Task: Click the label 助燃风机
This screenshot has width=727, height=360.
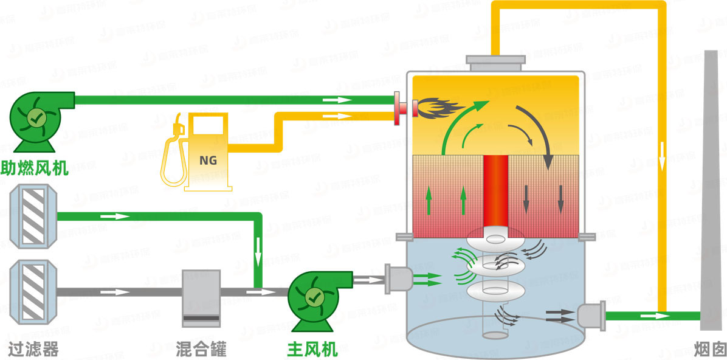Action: pyautogui.click(x=35, y=167)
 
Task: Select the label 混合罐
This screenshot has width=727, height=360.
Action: pyautogui.click(x=201, y=350)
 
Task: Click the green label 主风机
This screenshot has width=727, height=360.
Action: pyautogui.click(x=312, y=350)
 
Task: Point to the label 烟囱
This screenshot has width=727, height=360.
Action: pyautogui.click(x=709, y=350)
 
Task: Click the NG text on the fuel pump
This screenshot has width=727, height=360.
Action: pyautogui.click(x=208, y=160)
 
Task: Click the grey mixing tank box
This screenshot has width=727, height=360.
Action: pyautogui.click(x=201, y=298)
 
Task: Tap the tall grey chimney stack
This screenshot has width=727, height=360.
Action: pyautogui.click(x=711, y=195)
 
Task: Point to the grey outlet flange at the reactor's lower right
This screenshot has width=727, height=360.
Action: pyautogui.click(x=590, y=316)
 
